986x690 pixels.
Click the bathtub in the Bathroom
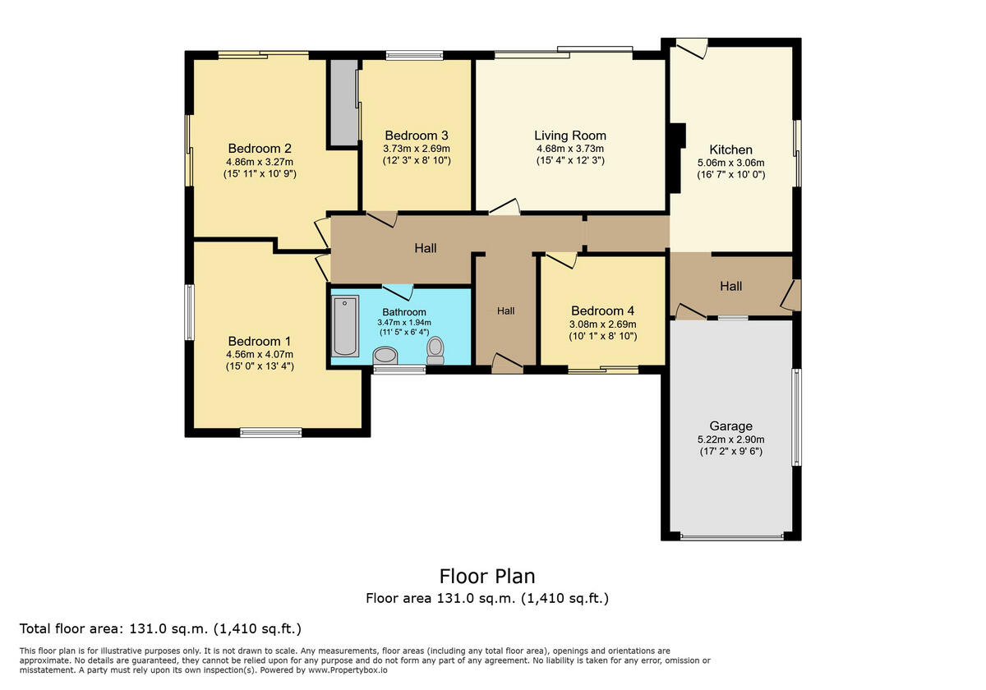[x=344, y=327]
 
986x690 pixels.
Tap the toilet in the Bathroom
[x=435, y=350]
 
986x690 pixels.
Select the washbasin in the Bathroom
[x=385, y=355]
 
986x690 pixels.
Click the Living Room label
[x=569, y=136]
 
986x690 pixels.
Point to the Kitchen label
[x=730, y=149]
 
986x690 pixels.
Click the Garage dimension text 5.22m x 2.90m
[x=730, y=439]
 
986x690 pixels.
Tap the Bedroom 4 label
[x=602, y=310]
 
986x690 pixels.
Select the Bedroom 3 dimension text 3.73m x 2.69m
[x=417, y=149]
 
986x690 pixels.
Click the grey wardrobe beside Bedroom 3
[x=343, y=101]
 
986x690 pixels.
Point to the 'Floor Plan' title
[x=487, y=576]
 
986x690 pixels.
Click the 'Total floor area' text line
[x=160, y=629]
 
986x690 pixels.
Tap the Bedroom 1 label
[x=259, y=341]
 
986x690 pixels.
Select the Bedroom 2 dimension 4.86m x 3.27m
[x=260, y=162]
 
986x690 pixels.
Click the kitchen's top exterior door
[x=692, y=48]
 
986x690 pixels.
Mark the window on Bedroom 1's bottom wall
[x=270, y=431]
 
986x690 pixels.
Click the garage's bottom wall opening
[x=731, y=537]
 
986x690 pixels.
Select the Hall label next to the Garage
[x=730, y=286]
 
